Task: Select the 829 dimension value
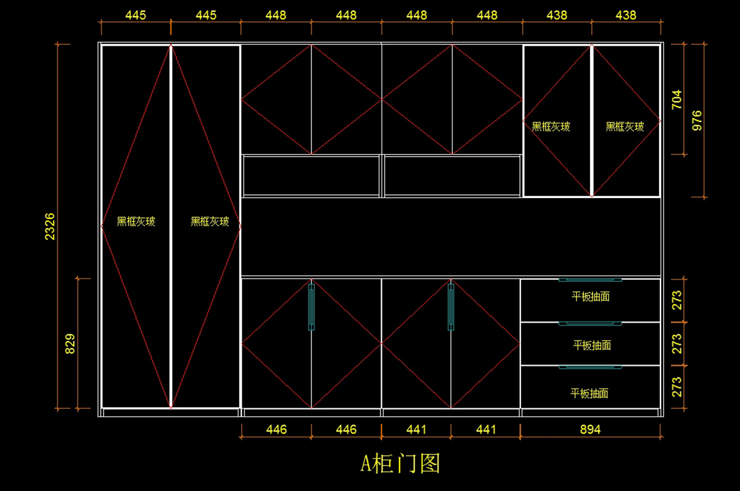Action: tap(70, 344)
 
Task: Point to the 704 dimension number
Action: tap(676, 99)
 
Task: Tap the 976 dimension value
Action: tap(697, 120)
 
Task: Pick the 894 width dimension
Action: tap(590, 429)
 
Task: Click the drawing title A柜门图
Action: tap(400, 463)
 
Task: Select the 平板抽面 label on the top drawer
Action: tap(591, 297)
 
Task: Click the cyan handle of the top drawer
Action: tap(590, 280)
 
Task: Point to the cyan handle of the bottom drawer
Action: tap(590, 368)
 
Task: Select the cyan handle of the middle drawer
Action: tap(590, 323)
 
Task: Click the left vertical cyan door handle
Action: tap(311, 307)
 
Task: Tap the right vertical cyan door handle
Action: tap(451, 307)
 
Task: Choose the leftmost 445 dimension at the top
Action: tap(136, 15)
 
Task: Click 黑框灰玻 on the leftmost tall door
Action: tap(136, 221)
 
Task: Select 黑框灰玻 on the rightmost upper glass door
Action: tap(625, 126)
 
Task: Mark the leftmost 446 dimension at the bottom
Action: tap(276, 429)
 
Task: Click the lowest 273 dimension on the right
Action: tap(676, 387)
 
